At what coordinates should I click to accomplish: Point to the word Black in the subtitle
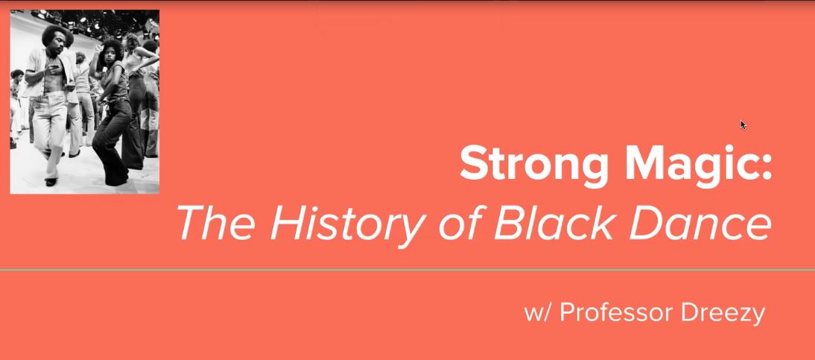click(x=554, y=223)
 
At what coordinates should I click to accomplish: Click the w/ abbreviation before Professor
click(x=539, y=313)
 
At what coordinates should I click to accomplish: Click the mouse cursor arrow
click(x=743, y=125)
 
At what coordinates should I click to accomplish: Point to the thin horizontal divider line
click(x=407, y=270)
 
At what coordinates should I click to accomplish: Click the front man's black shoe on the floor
click(x=51, y=182)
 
